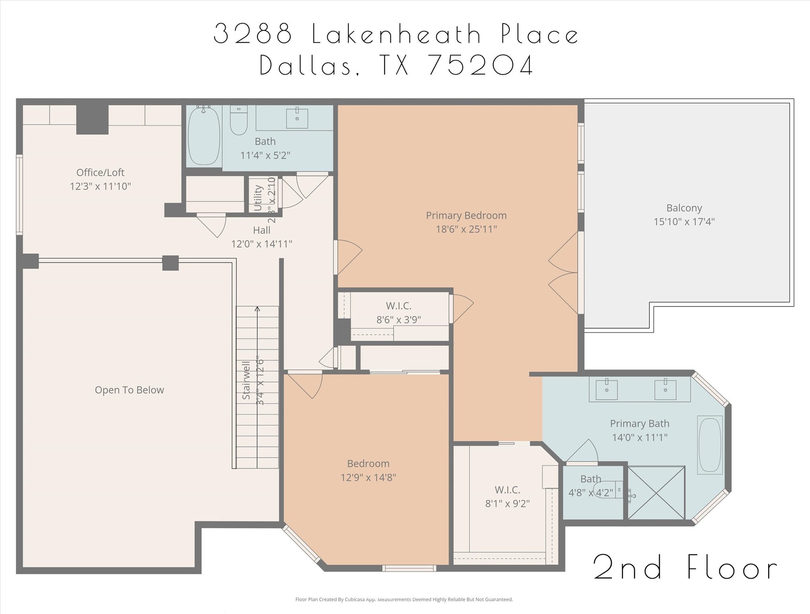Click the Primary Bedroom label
(x=466, y=216)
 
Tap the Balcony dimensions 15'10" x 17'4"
(x=684, y=222)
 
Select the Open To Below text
(x=129, y=390)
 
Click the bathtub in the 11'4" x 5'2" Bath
(x=204, y=135)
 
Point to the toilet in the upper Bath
(x=239, y=120)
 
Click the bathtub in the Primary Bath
(x=710, y=445)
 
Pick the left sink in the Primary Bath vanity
(x=607, y=390)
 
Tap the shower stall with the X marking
(x=656, y=493)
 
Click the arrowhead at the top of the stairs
(x=257, y=309)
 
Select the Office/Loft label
(x=100, y=173)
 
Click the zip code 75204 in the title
(x=481, y=65)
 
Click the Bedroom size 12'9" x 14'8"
(x=368, y=478)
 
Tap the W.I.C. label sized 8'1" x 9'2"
(x=507, y=490)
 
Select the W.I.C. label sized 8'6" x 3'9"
(x=399, y=306)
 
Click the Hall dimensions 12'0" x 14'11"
(x=262, y=244)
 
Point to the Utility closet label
(x=258, y=198)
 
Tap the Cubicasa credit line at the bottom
(x=404, y=599)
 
